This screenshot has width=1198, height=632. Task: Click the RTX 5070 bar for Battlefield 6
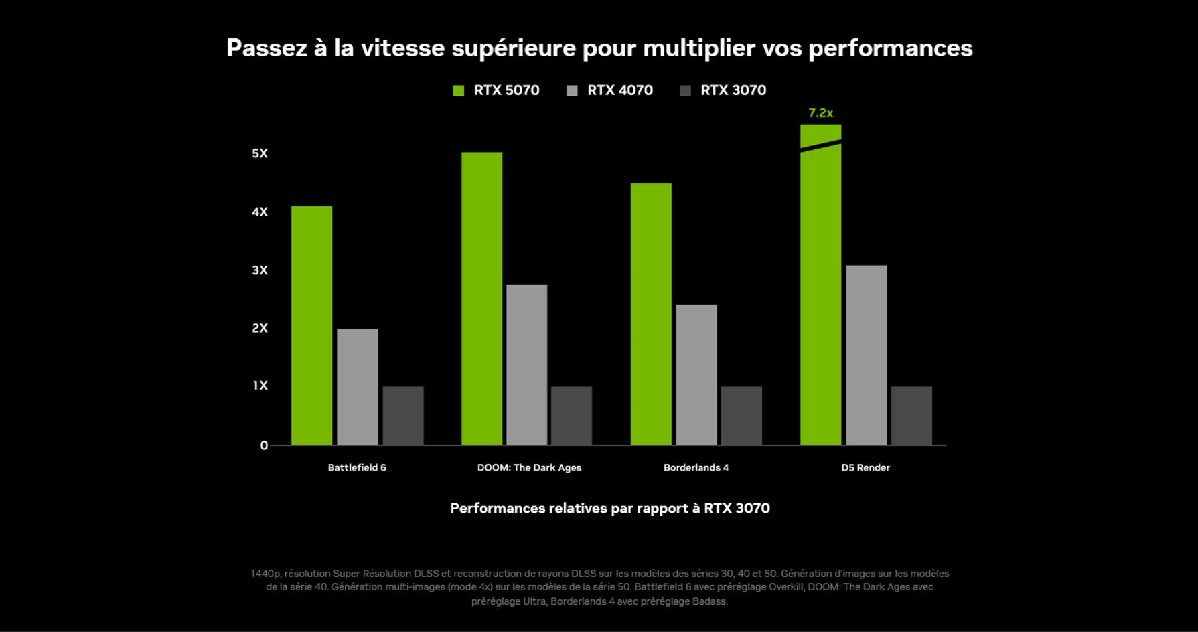point(311,325)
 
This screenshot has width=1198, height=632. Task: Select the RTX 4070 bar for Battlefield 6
point(357,386)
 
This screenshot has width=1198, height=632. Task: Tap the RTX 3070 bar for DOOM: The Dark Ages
point(571,415)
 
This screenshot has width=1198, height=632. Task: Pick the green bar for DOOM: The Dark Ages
point(481,299)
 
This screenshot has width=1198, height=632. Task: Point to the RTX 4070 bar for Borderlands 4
point(696,374)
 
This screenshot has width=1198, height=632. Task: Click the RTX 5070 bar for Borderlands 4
point(651,314)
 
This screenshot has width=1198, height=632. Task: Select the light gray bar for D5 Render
point(866,355)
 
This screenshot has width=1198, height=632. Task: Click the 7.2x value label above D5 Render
point(820,113)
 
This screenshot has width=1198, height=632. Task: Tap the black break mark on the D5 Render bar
point(820,145)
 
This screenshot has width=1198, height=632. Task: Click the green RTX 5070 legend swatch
point(459,91)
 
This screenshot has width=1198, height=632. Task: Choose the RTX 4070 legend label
point(619,90)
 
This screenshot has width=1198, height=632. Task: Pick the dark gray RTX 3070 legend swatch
point(685,91)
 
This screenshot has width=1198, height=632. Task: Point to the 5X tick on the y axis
point(260,153)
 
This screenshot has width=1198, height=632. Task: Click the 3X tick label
point(260,270)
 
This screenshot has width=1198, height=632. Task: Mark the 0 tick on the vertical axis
point(264,445)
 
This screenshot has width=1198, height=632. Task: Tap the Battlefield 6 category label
point(357,468)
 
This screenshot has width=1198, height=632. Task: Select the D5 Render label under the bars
point(865,468)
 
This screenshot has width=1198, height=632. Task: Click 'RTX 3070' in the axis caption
point(737,508)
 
